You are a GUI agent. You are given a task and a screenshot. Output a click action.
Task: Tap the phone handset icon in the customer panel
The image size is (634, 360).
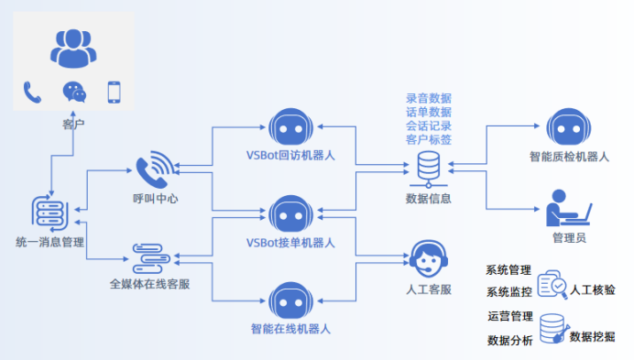[x=33, y=92]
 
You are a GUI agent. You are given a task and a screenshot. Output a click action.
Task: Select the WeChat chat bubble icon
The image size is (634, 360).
[x=73, y=92]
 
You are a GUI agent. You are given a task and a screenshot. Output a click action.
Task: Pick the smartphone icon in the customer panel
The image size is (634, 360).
[x=115, y=92]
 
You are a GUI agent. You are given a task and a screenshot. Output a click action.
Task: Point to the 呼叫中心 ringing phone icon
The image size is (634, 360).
[x=154, y=170]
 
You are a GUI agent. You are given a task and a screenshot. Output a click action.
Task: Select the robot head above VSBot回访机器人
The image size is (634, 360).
[x=290, y=128]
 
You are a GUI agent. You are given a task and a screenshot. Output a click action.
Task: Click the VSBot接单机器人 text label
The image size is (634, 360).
[x=290, y=243]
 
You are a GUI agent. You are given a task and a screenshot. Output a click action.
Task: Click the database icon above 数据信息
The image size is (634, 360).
[x=428, y=167]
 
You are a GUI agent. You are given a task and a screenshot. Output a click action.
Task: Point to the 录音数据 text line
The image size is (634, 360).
[x=428, y=98]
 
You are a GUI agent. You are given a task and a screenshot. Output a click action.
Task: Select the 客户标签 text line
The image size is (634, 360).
[x=428, y=139]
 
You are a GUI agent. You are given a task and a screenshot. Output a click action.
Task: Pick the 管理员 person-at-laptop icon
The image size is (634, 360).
[x=568, y=208]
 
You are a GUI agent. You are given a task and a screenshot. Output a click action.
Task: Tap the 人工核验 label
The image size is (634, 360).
[x=593, y=289]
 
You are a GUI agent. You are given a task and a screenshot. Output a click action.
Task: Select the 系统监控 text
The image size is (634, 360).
[x=508, y=292]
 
